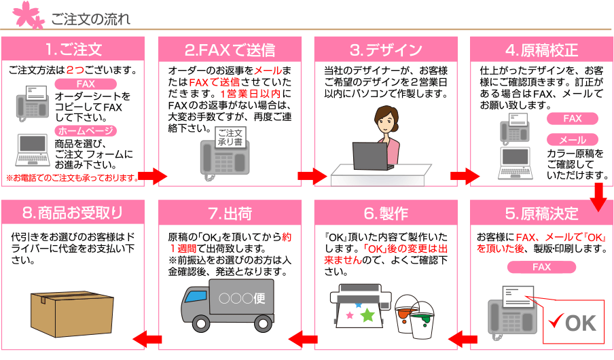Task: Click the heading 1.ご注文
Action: tap(73, 50)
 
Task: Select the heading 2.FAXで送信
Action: tap(229, 50)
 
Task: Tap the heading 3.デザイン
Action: tap(386, 50)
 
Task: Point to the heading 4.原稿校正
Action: tap(541, 50)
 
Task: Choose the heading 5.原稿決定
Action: tap(541, 213)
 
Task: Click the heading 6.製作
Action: tap(386, 213)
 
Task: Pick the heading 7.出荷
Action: tap(229, 213)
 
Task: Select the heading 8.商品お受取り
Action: tap(73, 213)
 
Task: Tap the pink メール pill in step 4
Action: tap(572, 139)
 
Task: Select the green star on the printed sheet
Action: tap(367, 314)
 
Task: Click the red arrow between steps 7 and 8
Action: tap(146, 338)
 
